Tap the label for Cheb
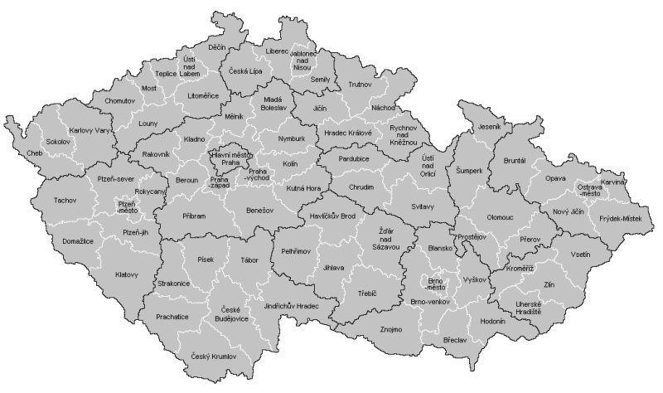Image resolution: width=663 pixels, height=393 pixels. [x=33, y=153]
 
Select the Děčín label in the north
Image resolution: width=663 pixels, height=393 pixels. [x=217, y=47]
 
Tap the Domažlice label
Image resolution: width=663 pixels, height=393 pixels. [x=52, y=240]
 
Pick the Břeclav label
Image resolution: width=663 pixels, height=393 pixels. [x=455, y=340]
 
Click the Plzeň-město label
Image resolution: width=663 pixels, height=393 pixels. [x=127, y=207]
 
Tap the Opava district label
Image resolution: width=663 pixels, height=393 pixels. [x=555, y=178]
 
